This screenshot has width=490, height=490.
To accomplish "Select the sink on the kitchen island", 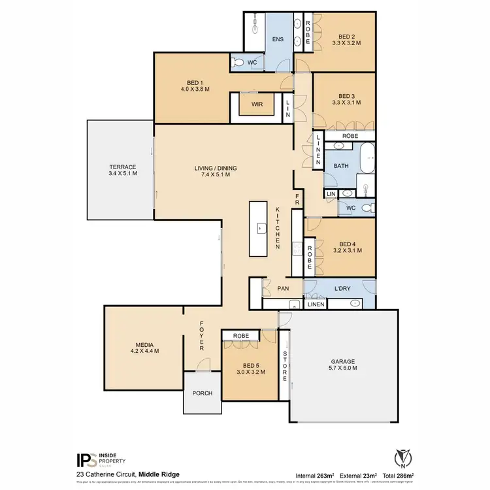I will pyautogui.click(x=260, y=229).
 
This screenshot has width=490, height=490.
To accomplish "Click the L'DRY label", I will pyautogui.click(x=342, y=288).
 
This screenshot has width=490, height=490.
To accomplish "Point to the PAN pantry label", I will pyautogui.click(x=284, y=288).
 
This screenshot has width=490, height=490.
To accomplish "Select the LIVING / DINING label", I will pyautogui.click(x=216, y=172).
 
